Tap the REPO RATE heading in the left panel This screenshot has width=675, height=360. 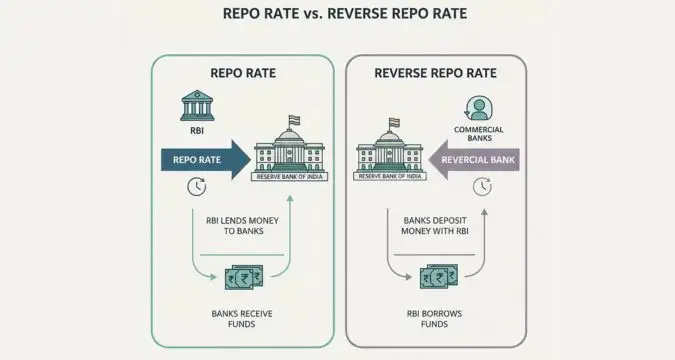[x=242, y=73]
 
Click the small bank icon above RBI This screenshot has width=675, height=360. [x=196, y=105]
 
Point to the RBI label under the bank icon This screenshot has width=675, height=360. [x=196, y=129]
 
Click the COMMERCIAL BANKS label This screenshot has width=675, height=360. [x=478, y=134]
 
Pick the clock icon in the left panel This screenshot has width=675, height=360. [x=196, y=187]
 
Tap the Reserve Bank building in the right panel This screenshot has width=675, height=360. [x=391, y=152]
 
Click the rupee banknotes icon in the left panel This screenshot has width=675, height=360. [x=243, y=277]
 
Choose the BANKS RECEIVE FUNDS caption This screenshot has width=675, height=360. [x=242, y=319]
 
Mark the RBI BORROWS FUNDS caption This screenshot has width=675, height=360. [x=436, y=319]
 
